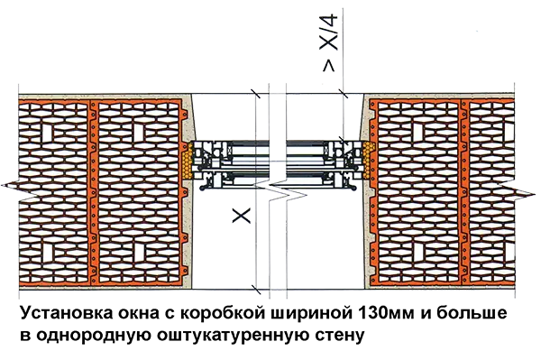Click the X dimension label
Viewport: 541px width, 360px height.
tap(241, 216)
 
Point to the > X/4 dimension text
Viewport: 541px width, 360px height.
tap(329, 42)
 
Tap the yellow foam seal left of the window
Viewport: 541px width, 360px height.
tap(188, 161)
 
